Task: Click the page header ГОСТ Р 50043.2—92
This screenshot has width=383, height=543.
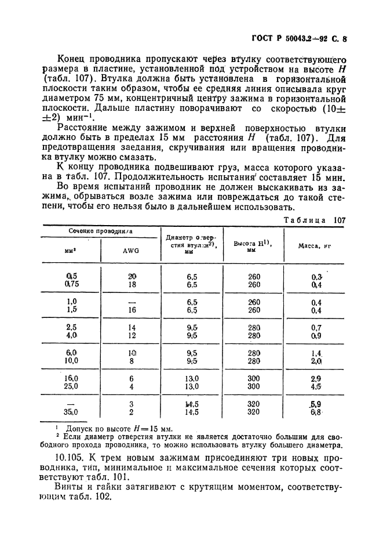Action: (288, 39)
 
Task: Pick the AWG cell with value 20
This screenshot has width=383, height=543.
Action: (132, 276)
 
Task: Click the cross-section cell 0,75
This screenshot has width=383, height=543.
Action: (72, 285)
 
